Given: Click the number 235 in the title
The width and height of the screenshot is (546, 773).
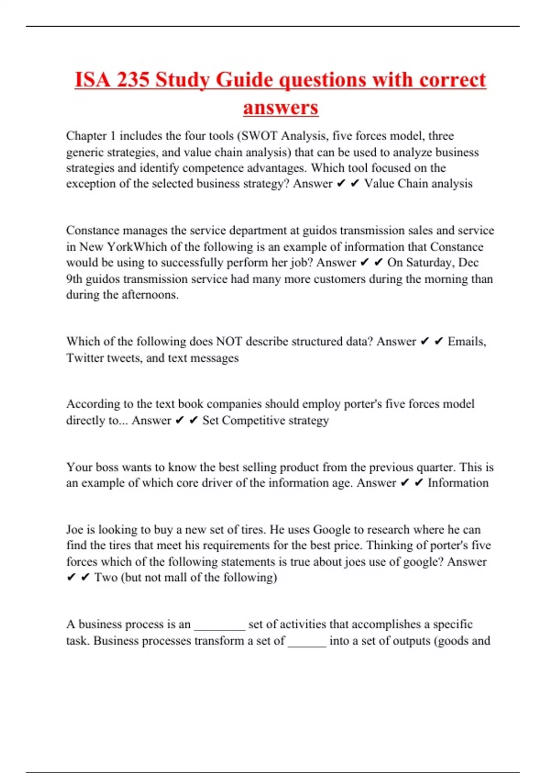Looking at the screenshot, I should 132,80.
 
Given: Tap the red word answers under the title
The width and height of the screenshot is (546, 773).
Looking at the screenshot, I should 280,108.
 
